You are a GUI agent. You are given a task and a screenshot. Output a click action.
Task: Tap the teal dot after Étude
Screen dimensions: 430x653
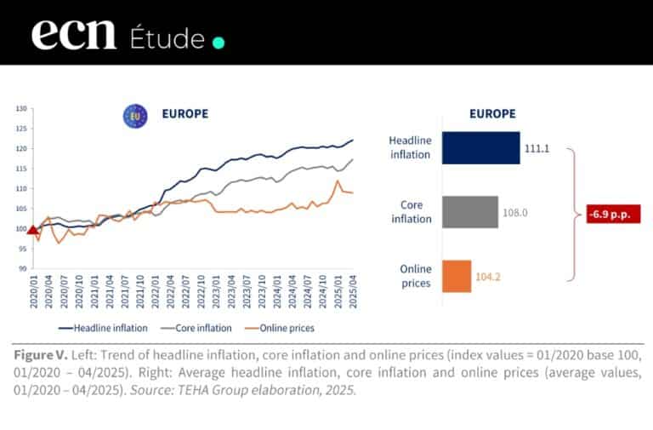click(x=219, y=42)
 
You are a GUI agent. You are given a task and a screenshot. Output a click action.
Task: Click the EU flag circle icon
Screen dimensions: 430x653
click(x=134, y=116)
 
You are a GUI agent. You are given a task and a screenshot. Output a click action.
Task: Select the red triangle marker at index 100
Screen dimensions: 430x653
click(x=33, y=228)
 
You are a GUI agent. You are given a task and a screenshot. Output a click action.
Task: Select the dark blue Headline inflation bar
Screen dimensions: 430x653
click(x=480, y=147)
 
